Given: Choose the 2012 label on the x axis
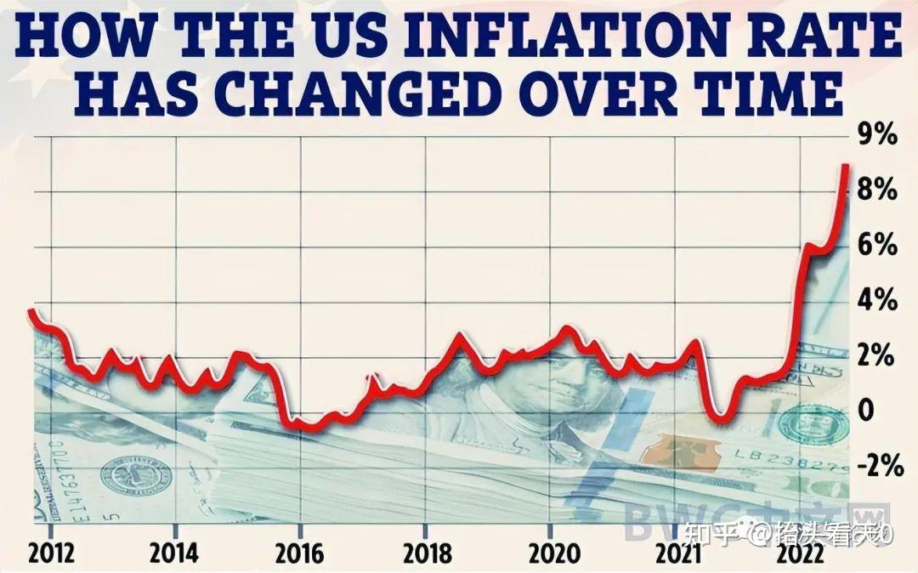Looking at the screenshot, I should [x=51, y=553].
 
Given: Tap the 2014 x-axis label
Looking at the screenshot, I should [x=174, y=553].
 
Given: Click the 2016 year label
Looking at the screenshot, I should [x=299, y=553].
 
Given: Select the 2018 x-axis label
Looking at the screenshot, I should [x=427, y=553].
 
